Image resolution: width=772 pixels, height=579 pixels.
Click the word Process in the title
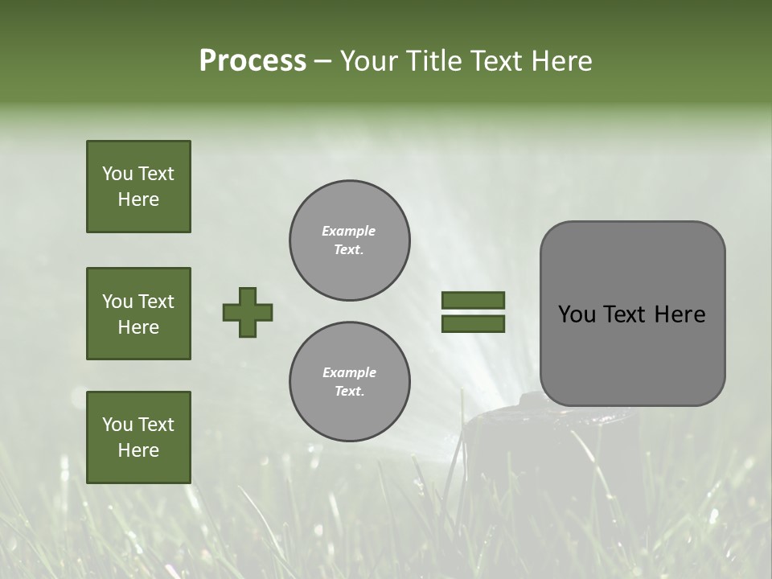point(253,61)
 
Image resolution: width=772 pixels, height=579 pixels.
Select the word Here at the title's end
point(561,61)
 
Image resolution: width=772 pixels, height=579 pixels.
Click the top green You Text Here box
point(138,187)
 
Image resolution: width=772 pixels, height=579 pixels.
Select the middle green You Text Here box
point(138,314)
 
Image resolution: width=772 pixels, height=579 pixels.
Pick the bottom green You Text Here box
point(138,437)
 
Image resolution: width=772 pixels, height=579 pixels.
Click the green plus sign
point(248,312)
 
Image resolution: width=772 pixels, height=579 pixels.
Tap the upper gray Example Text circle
point(349,240)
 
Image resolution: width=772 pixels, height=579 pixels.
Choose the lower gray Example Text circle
point(349,382)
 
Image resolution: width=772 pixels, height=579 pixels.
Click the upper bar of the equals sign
point(473,301)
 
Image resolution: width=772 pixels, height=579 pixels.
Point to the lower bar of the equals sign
point(473,323)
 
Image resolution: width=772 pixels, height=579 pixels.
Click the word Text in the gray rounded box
point(626,314)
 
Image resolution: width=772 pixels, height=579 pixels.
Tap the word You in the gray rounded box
point(577,314)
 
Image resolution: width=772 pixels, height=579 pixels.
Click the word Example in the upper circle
point(349,231)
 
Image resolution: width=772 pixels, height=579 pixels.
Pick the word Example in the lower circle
point(349,372)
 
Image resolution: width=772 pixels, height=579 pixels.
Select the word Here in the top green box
point(138,199)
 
